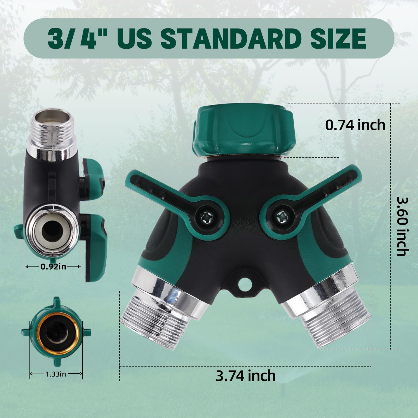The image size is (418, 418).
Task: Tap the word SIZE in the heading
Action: pyautogui.click(x=340, y=38)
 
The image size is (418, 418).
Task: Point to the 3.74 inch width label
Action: pyautogui.click(x=246, y=376)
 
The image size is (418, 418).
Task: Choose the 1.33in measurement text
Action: pyautogui.click(x=56, y=374)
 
